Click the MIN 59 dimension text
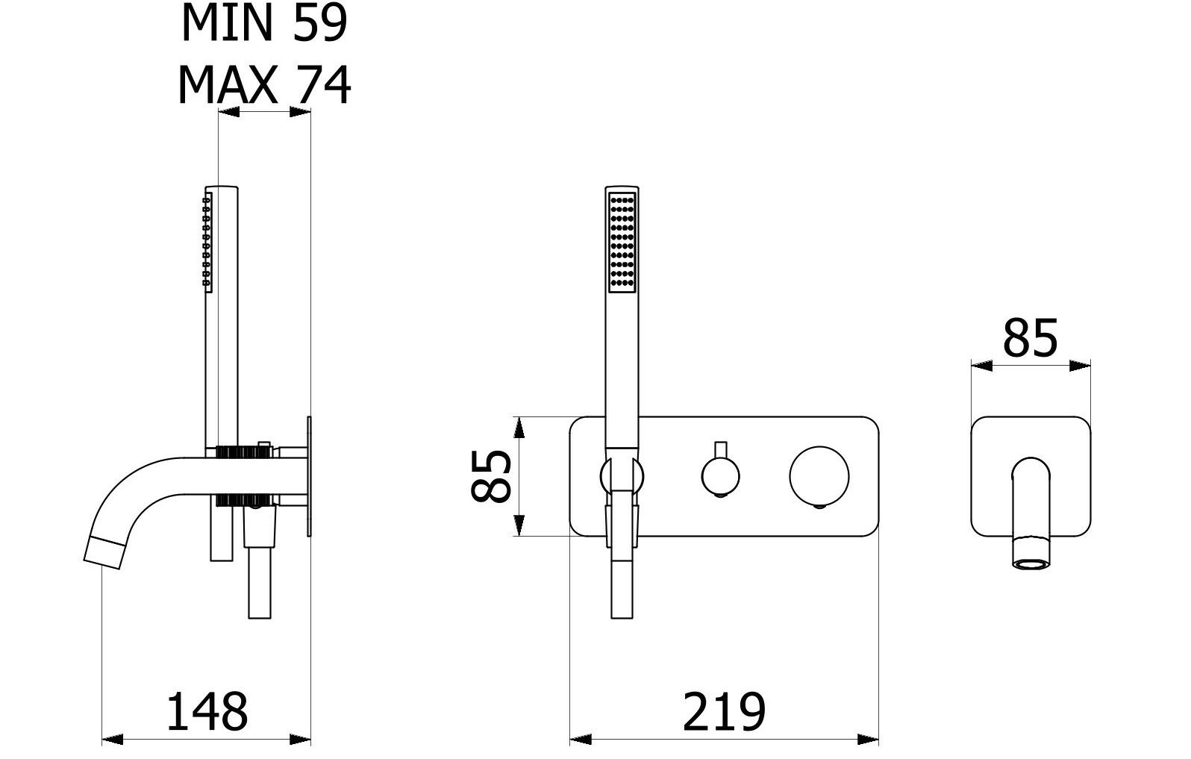coord(264,22)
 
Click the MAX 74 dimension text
coord(264,85)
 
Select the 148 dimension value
coord(207,712)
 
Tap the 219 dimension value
coord(724,712)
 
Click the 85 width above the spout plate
coord(1030,338)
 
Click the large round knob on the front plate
coord(819,475)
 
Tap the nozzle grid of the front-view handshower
coord(622,242)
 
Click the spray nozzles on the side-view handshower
coord(207,242)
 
